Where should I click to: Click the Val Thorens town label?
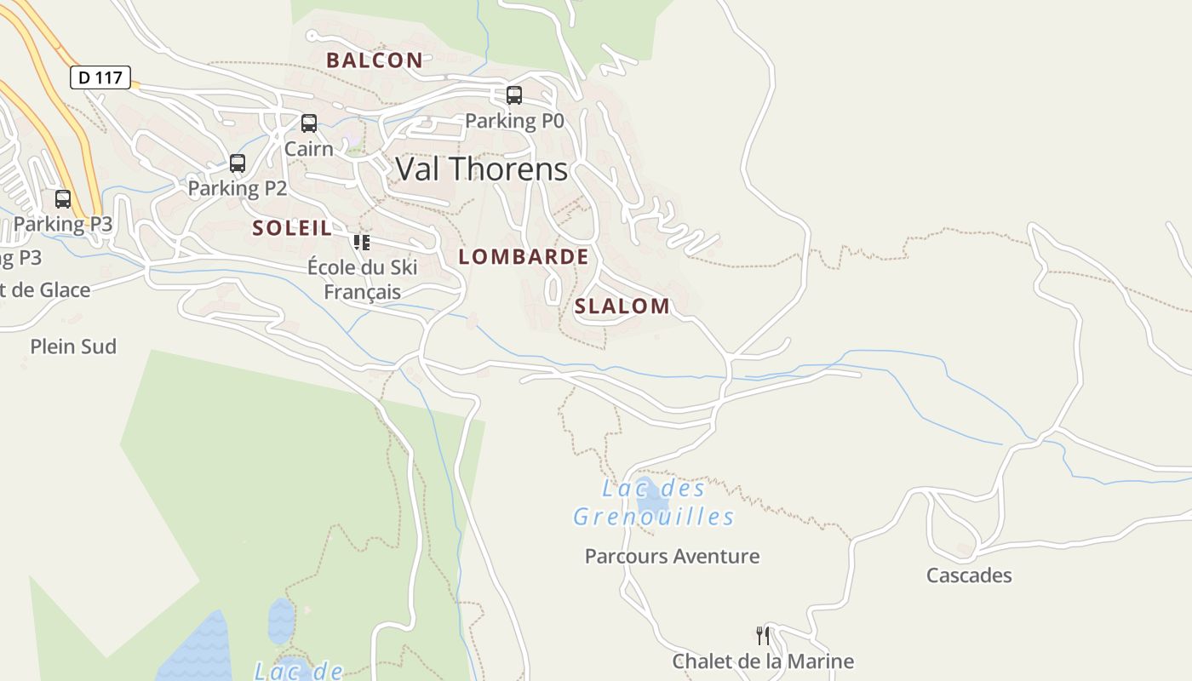[x=482, y=169]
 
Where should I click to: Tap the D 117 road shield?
[x=100, y=77]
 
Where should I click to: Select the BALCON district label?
[x=375, y=60]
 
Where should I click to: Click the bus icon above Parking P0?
[x=514, y=95]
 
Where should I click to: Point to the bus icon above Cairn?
[x=309, y=123]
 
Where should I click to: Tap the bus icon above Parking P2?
[x=238, y=163]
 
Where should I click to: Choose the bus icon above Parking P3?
[x=63, y=199]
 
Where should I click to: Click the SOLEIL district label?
[x=292, y=228]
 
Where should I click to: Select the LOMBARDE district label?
[x=524, y=257]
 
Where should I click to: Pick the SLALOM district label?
[x=622, y=306]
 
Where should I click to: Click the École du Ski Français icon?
[x=362, y=243]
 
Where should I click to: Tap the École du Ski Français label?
[x=363, y=279]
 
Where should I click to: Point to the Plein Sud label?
[x=73, y=346]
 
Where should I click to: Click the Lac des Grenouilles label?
[x=654, y=502]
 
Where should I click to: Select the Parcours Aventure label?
[x=672, y=557]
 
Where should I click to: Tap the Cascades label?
[x=969, y=575]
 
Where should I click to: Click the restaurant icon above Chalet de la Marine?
[x=763, y=635]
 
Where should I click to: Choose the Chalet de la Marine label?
[x=763, y=661]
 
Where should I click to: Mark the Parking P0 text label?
[x=514, y=121]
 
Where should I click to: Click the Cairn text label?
[x=308, y=149]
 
